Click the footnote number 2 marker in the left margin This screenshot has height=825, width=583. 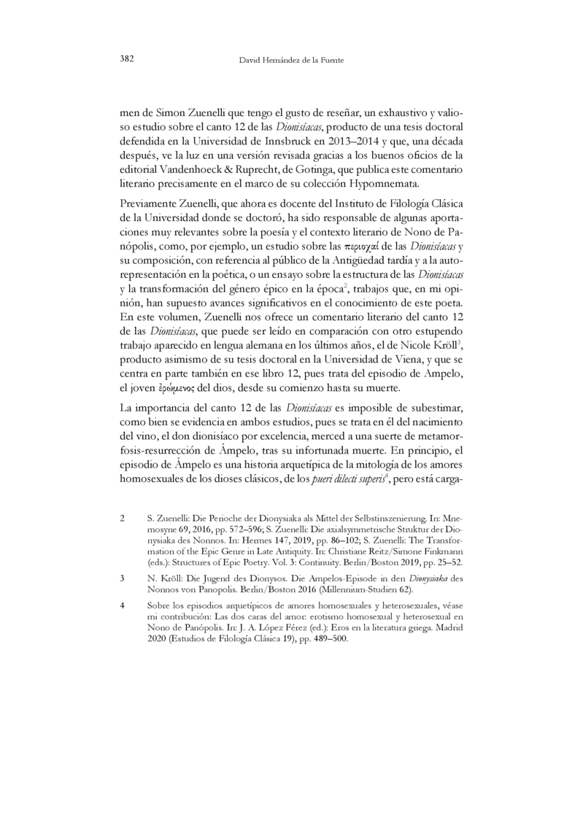tap(123, 518)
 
